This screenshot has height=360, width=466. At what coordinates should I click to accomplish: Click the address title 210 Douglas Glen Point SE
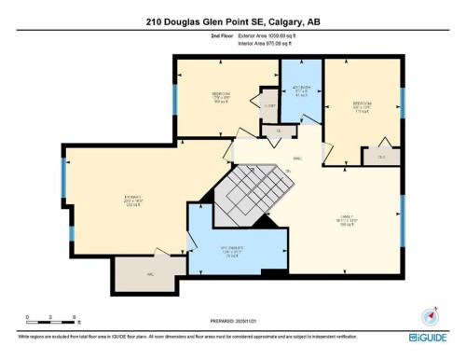(232, 21)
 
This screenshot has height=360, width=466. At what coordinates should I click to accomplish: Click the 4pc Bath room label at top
(301, 90)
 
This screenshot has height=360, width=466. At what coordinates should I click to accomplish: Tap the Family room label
(347, 221)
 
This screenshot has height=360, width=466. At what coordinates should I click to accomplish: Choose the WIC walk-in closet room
(136, 274)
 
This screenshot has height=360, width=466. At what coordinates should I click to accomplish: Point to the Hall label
(296, 159)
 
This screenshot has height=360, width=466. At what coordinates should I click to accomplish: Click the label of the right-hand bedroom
(362, 106)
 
